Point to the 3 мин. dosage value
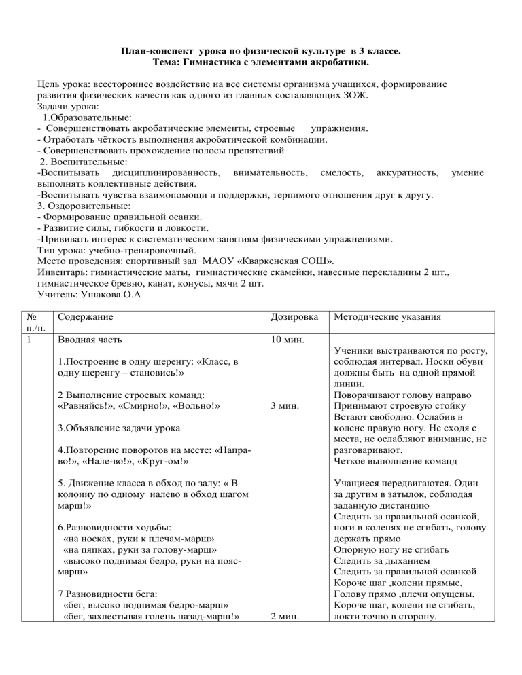click(x=283, y=405)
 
